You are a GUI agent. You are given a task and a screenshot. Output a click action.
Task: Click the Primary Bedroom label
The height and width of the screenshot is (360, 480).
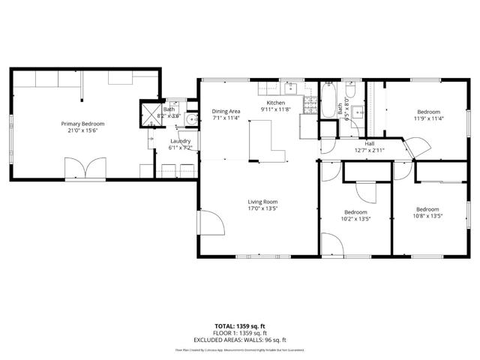click(x=82, y=124)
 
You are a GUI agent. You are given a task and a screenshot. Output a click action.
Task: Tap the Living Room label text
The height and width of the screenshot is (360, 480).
click(x=263, y=201)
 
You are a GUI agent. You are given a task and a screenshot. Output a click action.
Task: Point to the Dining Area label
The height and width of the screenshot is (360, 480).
click(x=226, y=110)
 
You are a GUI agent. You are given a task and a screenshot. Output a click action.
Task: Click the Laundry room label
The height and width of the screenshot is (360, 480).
click(x=180, y=141)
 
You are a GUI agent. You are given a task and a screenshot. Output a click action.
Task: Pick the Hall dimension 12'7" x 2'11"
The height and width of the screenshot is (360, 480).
click(x=369, y=150)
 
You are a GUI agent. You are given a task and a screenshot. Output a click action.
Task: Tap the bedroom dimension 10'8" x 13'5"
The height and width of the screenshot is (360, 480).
click(x=427, y=216)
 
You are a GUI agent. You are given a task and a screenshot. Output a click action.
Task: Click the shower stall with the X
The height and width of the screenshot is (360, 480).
click(x=150, y=114)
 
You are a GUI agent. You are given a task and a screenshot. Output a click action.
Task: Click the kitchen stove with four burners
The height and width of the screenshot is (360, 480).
click(x=308, y=122)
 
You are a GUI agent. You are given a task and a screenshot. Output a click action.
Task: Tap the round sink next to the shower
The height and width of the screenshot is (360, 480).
click(x=192, y=119)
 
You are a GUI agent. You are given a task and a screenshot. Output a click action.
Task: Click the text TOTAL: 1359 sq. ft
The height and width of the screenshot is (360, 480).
click(x=240, y=325)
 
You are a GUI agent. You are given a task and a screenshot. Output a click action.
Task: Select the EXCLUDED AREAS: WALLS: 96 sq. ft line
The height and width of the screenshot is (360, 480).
click(x=240, y=340)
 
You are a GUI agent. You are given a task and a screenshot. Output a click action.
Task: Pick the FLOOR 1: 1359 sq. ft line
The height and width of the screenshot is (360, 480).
click(x=240, y=333)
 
